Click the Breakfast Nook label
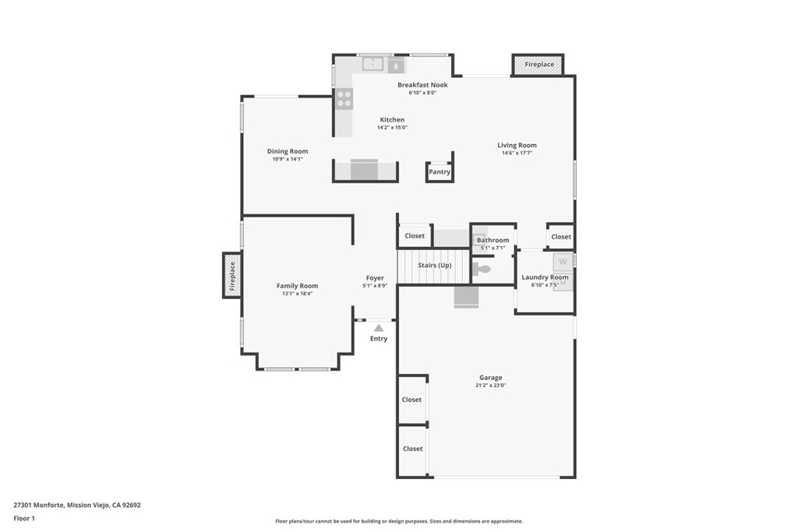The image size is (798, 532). [x=422, y=85]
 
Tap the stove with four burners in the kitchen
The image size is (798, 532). [x=344, y=98]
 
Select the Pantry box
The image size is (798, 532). [x=440, y=172]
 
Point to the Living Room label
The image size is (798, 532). [x=517, y=145]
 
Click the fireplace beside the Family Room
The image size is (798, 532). [x=231, y=275]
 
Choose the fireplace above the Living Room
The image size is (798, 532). [x=538, y=65]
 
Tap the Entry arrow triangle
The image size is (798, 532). [x=379, y=328]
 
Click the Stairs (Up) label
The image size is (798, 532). [x=434, y=266]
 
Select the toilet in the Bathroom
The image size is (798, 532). [x=482, y=270]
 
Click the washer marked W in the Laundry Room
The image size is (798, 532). [x=562, y=262]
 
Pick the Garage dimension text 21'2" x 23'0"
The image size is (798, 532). [x=491, y=385]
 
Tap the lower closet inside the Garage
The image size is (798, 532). [x=412, y=449]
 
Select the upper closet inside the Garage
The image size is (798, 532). [x=411, y=400]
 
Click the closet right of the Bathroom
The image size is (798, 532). [x=560, y=236]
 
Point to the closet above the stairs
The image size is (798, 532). [x=415, y=236]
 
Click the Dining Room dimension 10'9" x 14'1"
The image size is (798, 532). [x=288, y=159]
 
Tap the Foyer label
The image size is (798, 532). [x=375, y=278]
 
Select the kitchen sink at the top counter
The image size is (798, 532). [x=373, y=65]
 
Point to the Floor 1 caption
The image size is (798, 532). [x=24, y=518]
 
